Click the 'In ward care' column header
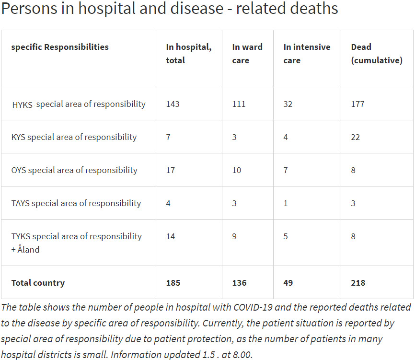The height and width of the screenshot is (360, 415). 247,54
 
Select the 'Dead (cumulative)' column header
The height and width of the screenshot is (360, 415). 376,54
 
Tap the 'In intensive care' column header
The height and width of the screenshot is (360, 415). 307,54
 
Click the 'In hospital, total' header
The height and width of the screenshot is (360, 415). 188,54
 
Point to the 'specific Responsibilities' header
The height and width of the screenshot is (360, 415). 60,47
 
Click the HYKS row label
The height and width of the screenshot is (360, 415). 79,104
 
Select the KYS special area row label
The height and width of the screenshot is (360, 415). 74,137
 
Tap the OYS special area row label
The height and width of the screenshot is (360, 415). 74,170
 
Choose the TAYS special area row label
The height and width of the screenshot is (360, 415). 76,203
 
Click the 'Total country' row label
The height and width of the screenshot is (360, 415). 38,283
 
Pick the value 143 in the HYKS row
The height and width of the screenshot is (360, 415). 173,104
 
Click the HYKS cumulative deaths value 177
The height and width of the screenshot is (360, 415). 357,104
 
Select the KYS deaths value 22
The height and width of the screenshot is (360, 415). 356,137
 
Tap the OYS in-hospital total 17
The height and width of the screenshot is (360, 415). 171,170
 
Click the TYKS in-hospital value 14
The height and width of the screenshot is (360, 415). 171,236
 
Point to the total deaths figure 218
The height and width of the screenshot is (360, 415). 358,283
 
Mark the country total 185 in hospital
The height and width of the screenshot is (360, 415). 173,283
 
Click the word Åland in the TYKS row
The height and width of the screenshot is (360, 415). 29,250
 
